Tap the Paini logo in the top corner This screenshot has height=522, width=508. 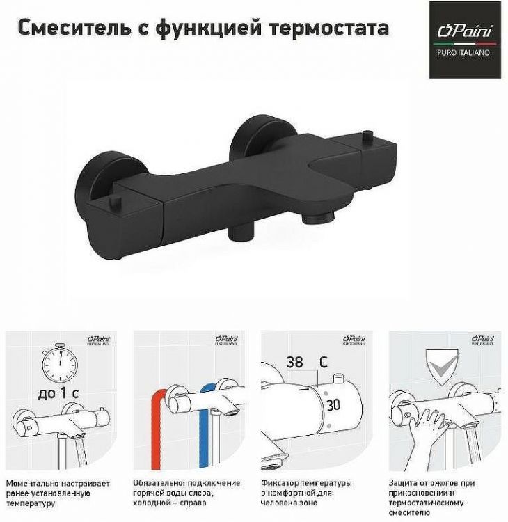tap(464, 39)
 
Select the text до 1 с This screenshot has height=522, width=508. tap(58, 393)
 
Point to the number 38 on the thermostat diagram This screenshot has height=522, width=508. tap(294, 362)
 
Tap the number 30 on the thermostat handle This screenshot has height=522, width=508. tap(333, 404)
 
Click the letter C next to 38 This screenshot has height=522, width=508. tap(323, 362)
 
